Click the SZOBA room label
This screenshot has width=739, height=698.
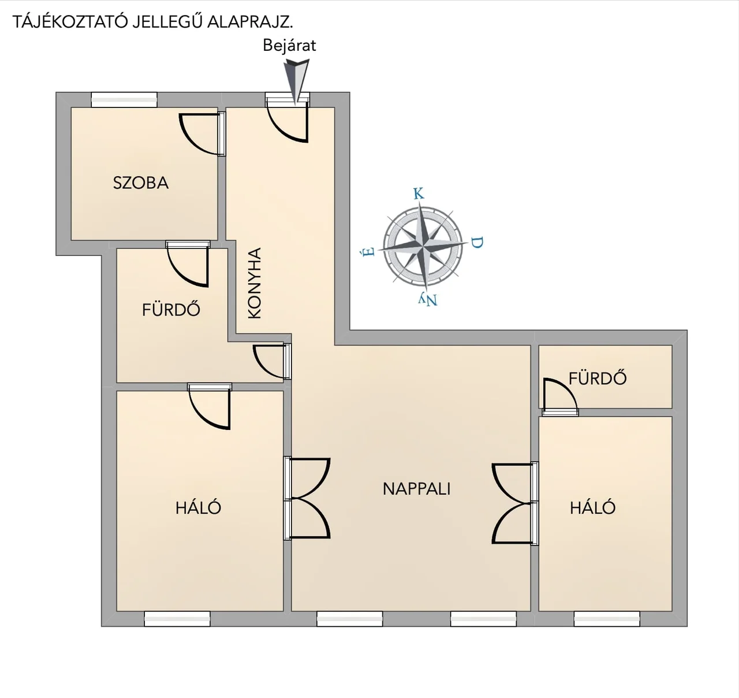click(x=141, y=183)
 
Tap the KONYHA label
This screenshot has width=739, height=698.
click(x=255, y=283)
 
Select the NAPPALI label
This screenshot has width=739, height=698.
click(x=416, y=489)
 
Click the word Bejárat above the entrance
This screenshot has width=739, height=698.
click(x=289, y=46)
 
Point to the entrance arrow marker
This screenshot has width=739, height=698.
click(x=296, y=83)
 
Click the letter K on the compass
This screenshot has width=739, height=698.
click(x=419, y=194)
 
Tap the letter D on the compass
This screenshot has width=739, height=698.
click(x=477, y=243)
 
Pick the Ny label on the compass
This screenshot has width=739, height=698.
click(x=428, y=299)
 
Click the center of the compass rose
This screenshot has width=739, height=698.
click(x=423, y=247)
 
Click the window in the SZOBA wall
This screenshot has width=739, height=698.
click(x=124, y=100)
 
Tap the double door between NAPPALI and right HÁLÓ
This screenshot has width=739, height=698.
click(x=515, y=503)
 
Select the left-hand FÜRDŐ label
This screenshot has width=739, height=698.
click(x=171, y=310)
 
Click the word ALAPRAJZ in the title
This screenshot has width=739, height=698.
click(x=249, y=23)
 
